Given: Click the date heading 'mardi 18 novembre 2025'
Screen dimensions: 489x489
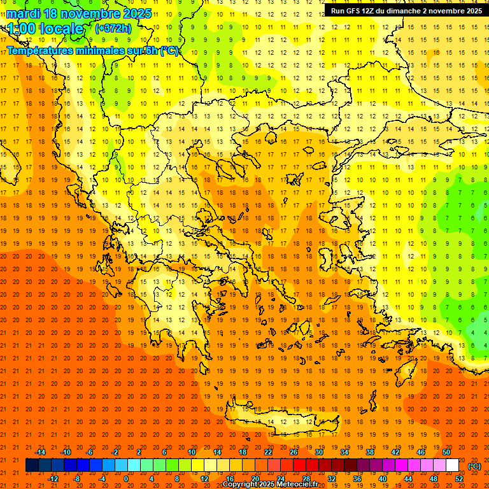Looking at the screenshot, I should click(80, 13).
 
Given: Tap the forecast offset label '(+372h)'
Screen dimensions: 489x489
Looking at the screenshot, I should click(113, 29).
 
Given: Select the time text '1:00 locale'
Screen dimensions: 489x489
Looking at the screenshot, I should click(46, 29).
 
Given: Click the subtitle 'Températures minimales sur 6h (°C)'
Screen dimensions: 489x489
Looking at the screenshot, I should click(93, 51).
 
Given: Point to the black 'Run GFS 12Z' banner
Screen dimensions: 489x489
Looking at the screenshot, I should click(406, 10).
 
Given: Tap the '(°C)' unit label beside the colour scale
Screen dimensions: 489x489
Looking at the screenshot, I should click(474, 466).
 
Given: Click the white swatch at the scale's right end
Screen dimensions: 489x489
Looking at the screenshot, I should click(452, 465).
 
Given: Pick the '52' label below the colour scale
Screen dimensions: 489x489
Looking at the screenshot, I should click(459, 479).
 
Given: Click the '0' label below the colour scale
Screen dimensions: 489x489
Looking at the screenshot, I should click(126, 479).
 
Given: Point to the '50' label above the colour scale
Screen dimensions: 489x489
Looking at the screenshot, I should click(446, 452).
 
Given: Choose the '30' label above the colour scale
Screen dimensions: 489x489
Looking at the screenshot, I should click(319, 452).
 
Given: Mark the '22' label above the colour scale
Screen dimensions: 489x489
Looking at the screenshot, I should click(268, 452).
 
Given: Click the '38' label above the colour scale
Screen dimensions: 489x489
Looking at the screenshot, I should click(370, 452).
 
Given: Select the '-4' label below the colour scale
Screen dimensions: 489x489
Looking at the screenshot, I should click(102, 479).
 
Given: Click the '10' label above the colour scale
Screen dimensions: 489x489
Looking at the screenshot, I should click(192, 452).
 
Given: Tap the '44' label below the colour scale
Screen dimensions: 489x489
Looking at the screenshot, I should click(408, 479).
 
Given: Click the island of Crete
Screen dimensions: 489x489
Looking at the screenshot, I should click(280, 422).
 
